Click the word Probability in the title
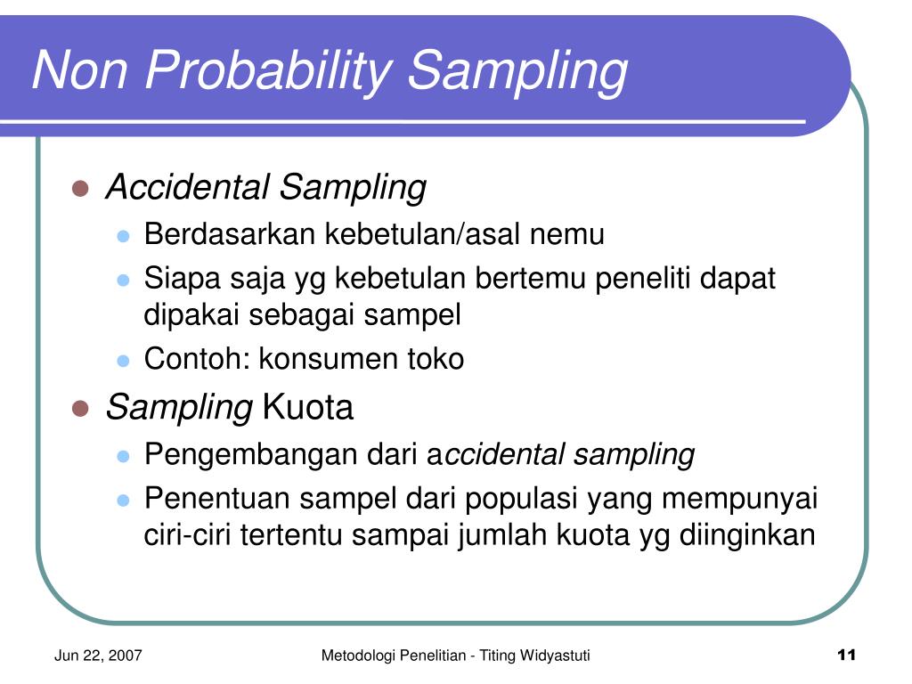[x=268, y=70]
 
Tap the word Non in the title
[x=80, y=69]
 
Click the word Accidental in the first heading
[x=187, y=187]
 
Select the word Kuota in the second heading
[x=307, y=406]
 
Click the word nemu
[x=567, y=235]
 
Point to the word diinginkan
[x=747, y=535]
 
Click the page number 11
[x=846, y=655]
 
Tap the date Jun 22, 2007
[x=98, y=655]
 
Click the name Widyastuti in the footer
[x=555, y=655]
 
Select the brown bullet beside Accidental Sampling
[x=80, y=189]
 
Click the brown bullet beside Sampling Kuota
[x=80, y=408]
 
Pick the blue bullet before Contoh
[x=123, y=361]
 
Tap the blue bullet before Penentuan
[x=123, y=501]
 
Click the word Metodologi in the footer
[x=356, y=655]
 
